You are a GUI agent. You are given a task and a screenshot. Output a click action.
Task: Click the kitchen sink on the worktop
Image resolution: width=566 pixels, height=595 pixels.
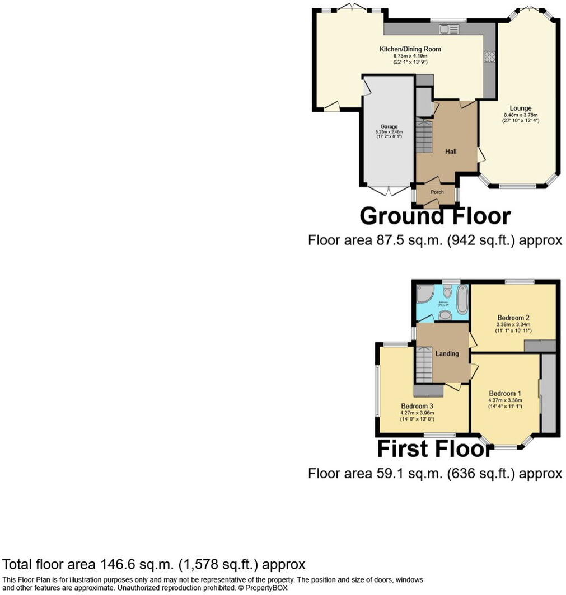point(447,29)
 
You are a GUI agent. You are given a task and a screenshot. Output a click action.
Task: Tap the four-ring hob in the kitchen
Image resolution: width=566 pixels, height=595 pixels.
point(489,56)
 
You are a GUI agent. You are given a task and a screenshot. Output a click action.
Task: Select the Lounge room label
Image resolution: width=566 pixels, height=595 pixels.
point(520,108)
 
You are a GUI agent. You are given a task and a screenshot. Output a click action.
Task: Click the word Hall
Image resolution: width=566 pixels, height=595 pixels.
point(451,152)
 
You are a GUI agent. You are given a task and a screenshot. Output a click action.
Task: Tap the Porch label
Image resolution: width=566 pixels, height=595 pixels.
point(437,192)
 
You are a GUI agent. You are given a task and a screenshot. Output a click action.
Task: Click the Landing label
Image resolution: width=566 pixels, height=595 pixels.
point(447,353)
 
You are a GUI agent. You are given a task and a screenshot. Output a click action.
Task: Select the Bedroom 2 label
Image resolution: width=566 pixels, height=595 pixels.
point(513,317)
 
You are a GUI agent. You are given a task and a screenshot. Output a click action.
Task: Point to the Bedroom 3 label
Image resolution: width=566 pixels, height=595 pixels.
point(417,406)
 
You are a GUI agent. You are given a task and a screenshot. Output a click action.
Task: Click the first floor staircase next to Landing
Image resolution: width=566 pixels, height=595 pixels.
point(424,363)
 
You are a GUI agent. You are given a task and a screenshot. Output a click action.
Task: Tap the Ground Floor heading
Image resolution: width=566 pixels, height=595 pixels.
point(434,216)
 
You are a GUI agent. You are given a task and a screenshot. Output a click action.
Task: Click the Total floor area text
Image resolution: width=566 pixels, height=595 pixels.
point(154,564)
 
